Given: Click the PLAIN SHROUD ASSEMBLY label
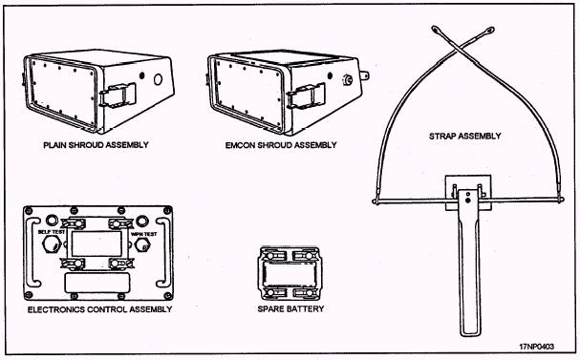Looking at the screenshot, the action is [96, 145].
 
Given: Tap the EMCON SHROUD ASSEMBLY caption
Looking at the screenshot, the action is [281, 145].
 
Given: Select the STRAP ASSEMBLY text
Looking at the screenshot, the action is [465, 136].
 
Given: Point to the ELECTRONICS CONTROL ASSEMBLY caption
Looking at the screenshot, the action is [100, 309].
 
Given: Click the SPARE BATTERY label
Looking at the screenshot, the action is [290, 308].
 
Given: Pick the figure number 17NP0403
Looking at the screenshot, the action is [536, 347].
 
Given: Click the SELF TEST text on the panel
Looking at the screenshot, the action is [52, 232].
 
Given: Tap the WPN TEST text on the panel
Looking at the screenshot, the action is [143, 234].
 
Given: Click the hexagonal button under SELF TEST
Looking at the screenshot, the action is [51, 244].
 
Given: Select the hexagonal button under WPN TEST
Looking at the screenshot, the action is [142, 244].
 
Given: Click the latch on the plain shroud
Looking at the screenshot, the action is [118, 95].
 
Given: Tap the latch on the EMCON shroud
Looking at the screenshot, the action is [307, 95].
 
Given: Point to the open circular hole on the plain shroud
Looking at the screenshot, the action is [158, 79].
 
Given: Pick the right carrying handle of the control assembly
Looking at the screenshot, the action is [163, 252].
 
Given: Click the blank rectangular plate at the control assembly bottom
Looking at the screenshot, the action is [97, 283].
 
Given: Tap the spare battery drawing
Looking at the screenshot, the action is [290, 273].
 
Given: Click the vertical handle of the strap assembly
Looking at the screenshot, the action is [470, 263].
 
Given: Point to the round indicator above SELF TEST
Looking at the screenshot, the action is [52, 221].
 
